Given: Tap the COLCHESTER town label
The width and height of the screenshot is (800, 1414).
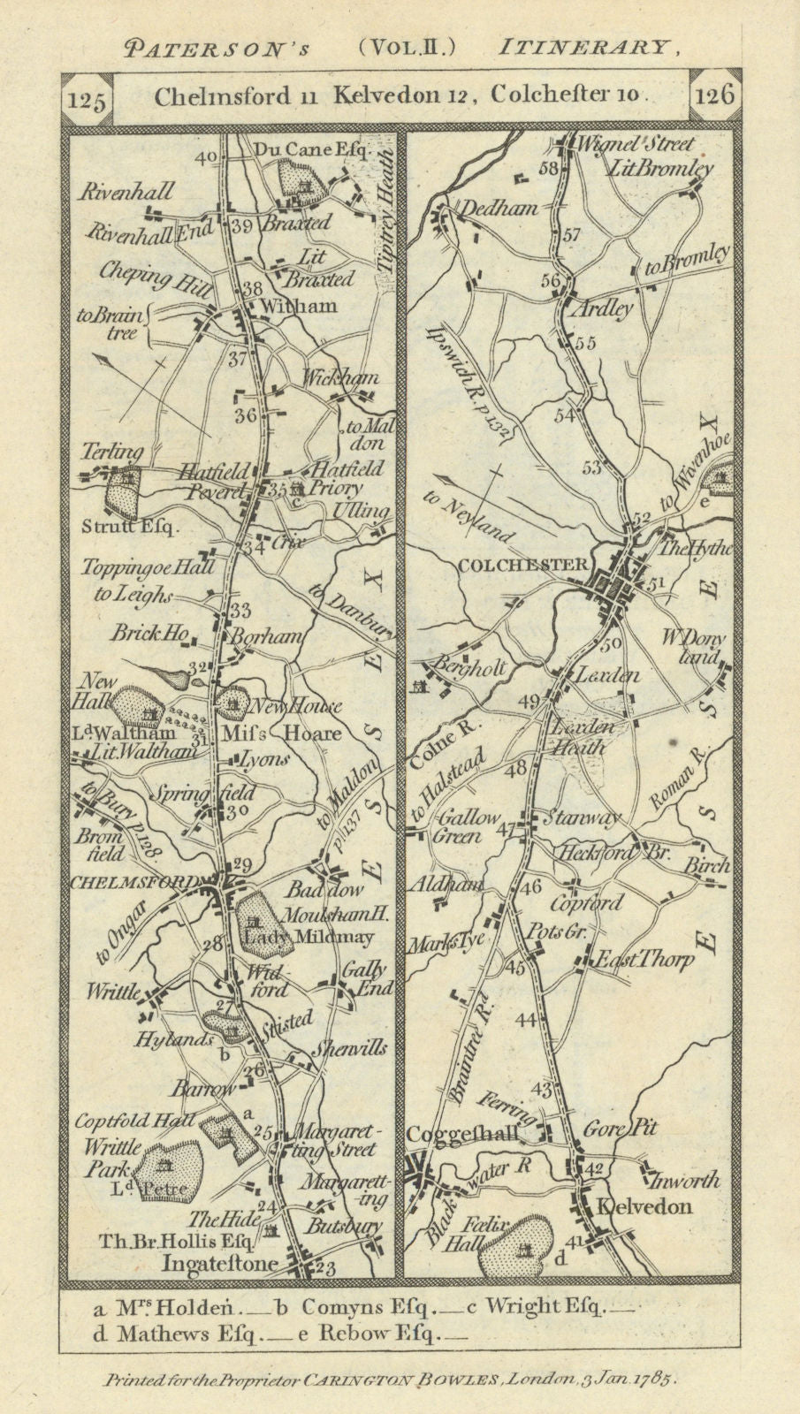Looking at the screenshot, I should click(523, 566).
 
